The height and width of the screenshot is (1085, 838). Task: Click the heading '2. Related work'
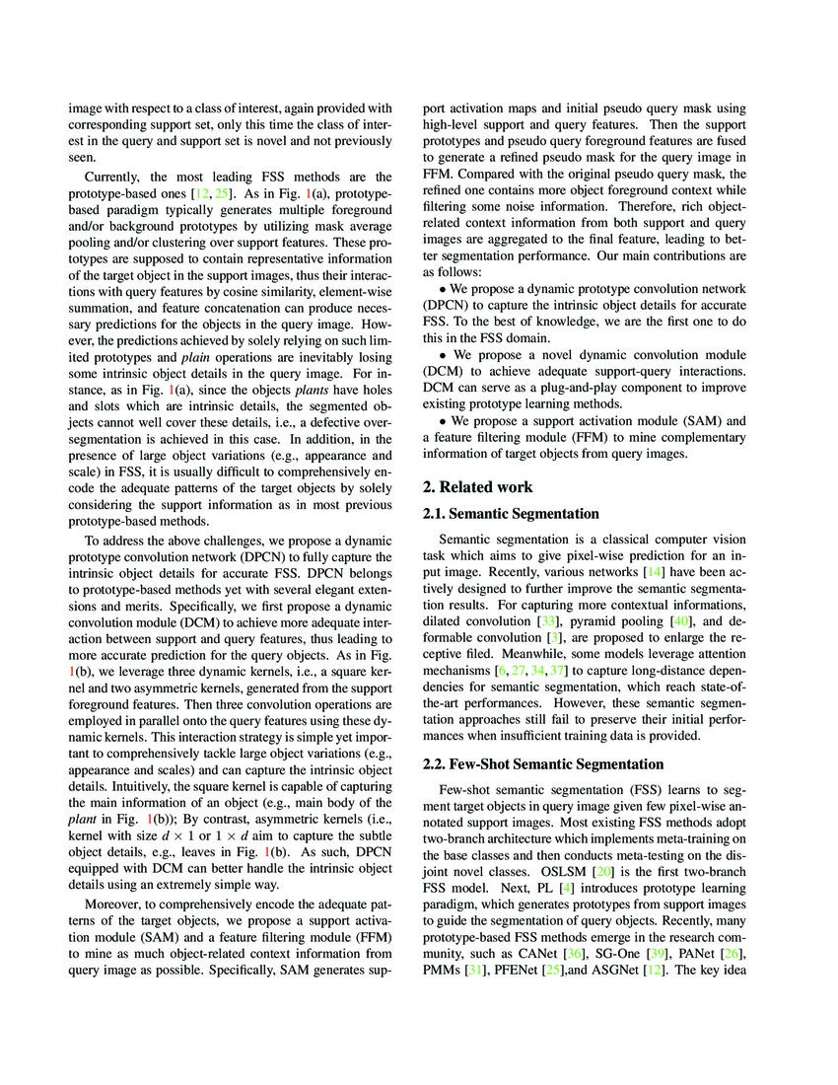click(478, 486)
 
